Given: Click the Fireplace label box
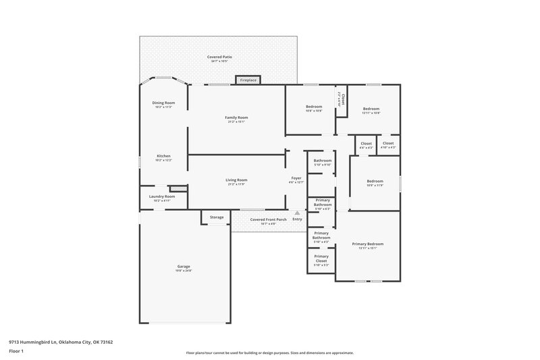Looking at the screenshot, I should coord(248,80).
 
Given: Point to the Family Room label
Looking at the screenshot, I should coord(236,119).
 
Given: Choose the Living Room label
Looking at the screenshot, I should coord(236,181).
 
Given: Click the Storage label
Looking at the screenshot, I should coord(216,217).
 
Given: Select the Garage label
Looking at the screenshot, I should coord(183,268).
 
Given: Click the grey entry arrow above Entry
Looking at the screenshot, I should coord(296,213).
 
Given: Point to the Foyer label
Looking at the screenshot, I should coord(296,179).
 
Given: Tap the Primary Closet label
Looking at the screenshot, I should coord(321,258).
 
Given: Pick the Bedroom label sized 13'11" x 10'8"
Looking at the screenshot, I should coord(371,110).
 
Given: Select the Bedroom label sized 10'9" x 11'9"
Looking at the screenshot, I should coord(375,182).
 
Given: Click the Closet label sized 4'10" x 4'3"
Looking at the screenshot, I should coord(388,145).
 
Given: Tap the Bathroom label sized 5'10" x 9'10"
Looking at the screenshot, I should coord(322,162).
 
